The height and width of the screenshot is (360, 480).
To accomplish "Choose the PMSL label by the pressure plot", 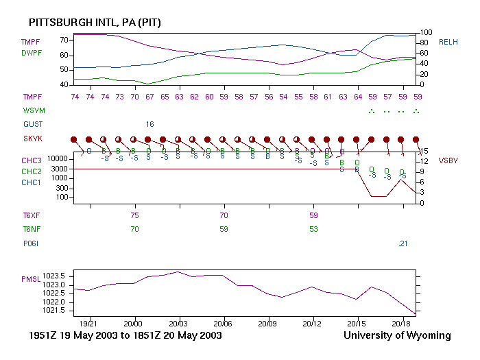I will (32, 279).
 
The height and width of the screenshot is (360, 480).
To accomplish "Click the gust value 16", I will (149, 124).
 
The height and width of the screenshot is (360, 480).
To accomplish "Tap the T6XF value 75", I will (135, 215).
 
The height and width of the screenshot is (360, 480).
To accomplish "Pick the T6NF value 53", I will (313, 229).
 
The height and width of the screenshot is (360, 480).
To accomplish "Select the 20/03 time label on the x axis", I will (178, 323).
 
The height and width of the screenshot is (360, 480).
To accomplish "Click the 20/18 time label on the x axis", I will (402, 323).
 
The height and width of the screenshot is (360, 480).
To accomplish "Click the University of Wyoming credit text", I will (398, 335).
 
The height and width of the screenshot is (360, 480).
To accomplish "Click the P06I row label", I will (31, 243).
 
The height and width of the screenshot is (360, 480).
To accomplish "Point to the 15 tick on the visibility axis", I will (425, 152).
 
